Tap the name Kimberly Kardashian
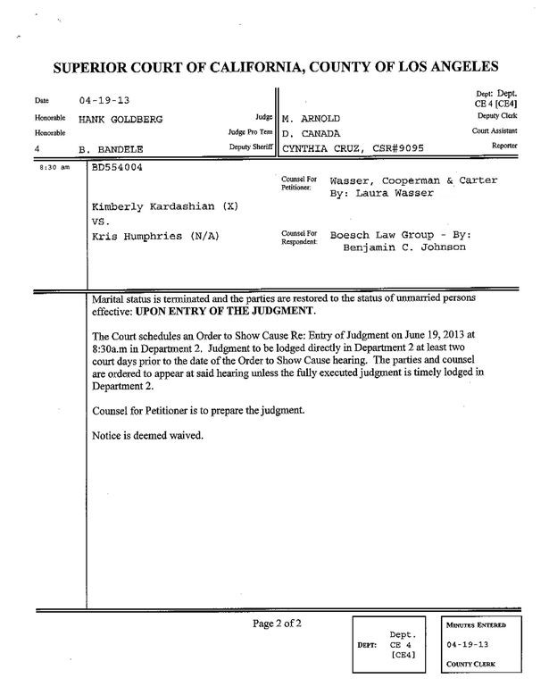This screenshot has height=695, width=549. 144,206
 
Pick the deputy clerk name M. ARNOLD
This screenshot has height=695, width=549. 312,118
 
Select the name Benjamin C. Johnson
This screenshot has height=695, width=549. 404,247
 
